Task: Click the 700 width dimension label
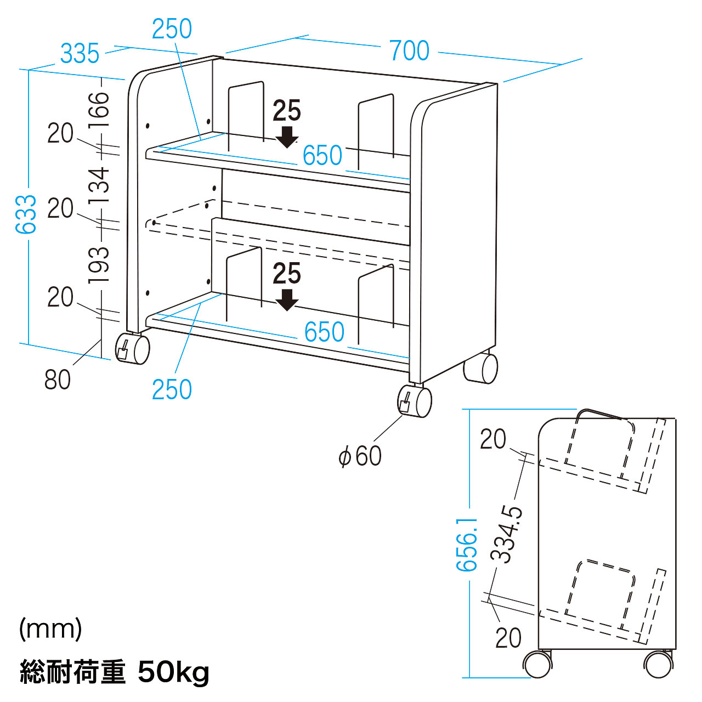click(x=409, y=50)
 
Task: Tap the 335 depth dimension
click(x=80, y=54)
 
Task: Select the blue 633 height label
click(x=26, y=214)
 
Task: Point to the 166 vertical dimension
click(x=99, y=110)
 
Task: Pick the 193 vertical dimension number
click(x=99, y=265)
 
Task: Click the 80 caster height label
click(x=58, y=380)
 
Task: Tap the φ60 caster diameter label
click(x=360, y=456)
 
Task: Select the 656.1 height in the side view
click(x=467, y=544)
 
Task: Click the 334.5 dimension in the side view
click(x=508, y=535)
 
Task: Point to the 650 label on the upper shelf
click(x=322, y=156)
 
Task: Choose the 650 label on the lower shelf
click(x=325, y=332)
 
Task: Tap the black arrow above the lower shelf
click(x=286, y=300)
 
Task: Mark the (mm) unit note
click(x=50, y=629)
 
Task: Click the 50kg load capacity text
click(x=173, y=672)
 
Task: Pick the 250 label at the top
click(x=172, y=29)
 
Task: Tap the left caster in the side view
click(x=537, y=664)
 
